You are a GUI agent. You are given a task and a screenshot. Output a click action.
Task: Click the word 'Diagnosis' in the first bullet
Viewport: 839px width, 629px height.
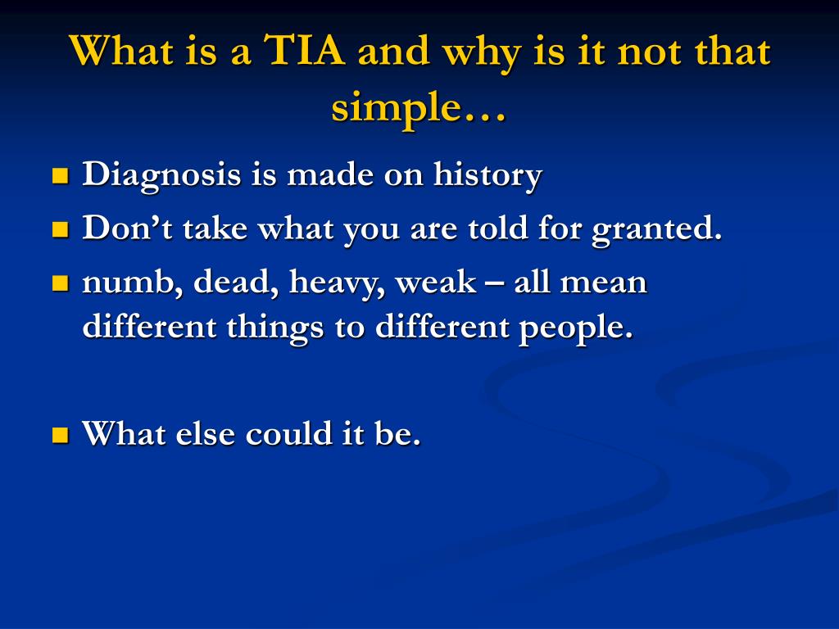162,175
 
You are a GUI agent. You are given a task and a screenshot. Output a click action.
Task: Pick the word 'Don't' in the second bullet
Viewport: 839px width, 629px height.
127,229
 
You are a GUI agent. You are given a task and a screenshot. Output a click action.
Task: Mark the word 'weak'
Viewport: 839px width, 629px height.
435,283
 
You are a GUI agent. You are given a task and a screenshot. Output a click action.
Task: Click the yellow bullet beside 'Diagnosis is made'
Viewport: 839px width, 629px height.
60,176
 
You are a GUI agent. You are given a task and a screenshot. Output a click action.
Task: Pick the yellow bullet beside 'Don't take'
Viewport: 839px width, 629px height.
60,230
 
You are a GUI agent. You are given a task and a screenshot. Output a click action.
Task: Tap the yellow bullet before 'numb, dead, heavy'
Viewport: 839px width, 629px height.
60,284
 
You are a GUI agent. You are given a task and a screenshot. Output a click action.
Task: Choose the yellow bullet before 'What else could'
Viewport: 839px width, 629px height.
60,434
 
